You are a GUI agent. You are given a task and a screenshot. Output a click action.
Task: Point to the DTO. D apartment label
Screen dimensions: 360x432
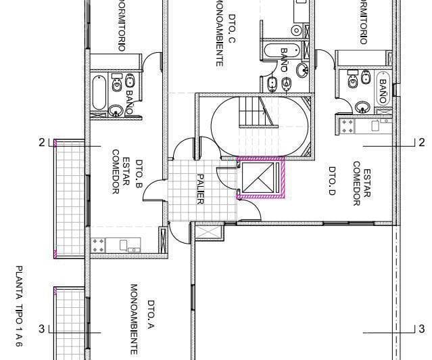[332, 179]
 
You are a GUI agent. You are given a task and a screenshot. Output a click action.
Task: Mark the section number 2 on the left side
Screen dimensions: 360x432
[42, 143]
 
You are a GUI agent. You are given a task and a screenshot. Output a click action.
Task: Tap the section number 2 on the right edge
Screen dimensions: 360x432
[422, 142]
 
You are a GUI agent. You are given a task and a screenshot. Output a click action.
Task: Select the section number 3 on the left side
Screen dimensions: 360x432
[42, 329]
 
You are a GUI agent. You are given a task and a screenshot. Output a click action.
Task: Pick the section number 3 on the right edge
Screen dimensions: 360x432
[422, 329]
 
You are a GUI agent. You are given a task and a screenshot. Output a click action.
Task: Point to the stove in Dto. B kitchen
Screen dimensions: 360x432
[97, 244]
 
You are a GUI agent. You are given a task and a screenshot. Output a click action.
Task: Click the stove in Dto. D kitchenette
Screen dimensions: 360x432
[349, 125]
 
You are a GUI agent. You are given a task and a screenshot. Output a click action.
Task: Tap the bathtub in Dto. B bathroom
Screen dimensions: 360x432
[99, 95]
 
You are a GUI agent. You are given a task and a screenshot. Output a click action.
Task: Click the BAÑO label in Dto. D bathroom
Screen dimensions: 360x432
[383, 91]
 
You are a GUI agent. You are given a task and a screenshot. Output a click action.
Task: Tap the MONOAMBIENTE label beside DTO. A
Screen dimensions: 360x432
[134, 318]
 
